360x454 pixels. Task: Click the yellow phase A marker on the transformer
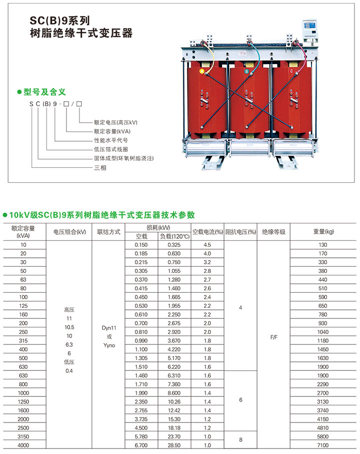pos(202,71)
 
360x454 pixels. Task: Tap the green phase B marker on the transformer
pos(246,71)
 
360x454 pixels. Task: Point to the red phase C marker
pos(291,71)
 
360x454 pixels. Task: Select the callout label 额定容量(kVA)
pos(112,131)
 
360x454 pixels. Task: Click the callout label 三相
pos(100,168)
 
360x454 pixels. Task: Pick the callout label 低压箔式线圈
pos(110,149)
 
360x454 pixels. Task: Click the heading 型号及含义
pos(44,92)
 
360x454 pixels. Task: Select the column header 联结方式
pos(108,232)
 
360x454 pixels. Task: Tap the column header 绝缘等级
pos(273,232)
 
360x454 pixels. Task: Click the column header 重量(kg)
pos(323,231)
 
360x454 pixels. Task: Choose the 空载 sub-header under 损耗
pos(141,236)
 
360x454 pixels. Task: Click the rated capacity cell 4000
pos(23,445)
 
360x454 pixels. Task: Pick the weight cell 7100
pos(323,445)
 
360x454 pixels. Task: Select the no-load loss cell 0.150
pos(141,245)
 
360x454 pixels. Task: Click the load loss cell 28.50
pos(174,445)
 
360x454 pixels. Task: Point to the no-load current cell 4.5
pos(207,245)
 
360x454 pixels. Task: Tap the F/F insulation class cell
pos(273,337)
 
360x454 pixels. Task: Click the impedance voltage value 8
pos(240,439)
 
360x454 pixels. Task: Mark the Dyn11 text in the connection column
pos(109,328)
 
